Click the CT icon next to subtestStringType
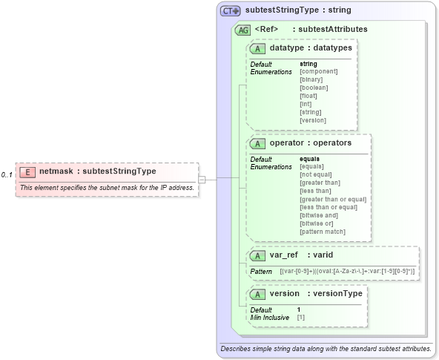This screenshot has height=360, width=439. [x=231, y=11]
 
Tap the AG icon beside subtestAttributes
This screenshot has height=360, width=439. [x=242, y=30]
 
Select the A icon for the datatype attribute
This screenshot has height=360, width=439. [x=258, y=48]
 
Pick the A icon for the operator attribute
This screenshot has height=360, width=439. [x=258, y=143]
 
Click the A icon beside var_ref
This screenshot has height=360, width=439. [x=258, y=255]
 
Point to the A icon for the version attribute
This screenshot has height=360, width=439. [x=258, y=293]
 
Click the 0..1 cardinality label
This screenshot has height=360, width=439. [x=7, y=174]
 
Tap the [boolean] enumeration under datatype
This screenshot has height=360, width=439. [x=313, y=87]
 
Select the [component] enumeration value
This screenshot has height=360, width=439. [x=318, y=71]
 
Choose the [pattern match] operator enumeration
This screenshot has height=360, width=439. [x=323, y=232]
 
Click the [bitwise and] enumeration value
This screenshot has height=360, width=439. [x=319, y=215]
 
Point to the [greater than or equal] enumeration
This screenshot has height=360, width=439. [x=332, y=199]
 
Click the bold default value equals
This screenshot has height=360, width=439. [x=309, y=158]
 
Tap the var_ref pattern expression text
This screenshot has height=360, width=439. [x=347, y=272]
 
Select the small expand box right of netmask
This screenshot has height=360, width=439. [x=211, y=179]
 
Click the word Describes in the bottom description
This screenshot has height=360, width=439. [x=235, y=348]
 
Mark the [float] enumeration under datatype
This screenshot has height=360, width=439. [x=308, y=95]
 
